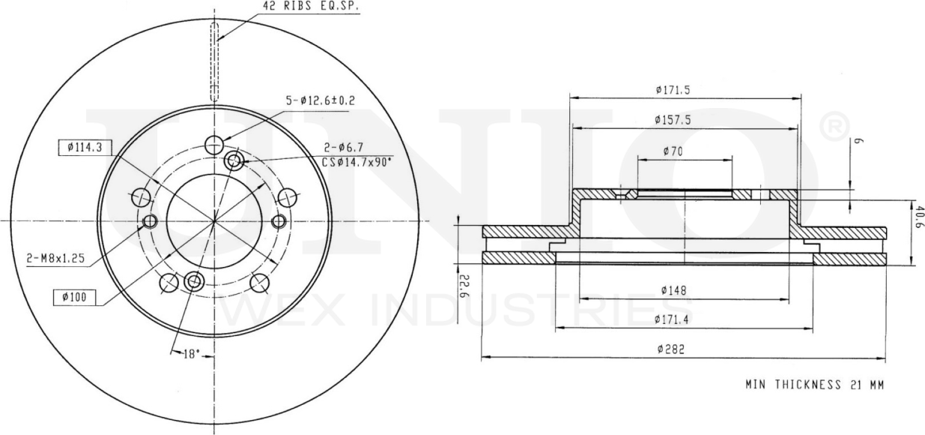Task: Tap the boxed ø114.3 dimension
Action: coord(85,148)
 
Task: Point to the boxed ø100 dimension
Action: coord(75,298)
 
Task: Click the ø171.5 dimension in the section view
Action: coord(671,90)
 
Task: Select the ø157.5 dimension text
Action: coord(671,120)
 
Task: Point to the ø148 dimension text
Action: coord(674,290)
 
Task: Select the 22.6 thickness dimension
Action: coord(464,285)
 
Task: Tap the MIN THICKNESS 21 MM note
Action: coord(814,385)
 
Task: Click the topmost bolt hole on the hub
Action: coord(214,144)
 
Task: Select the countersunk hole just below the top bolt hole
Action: coord(234,160)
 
